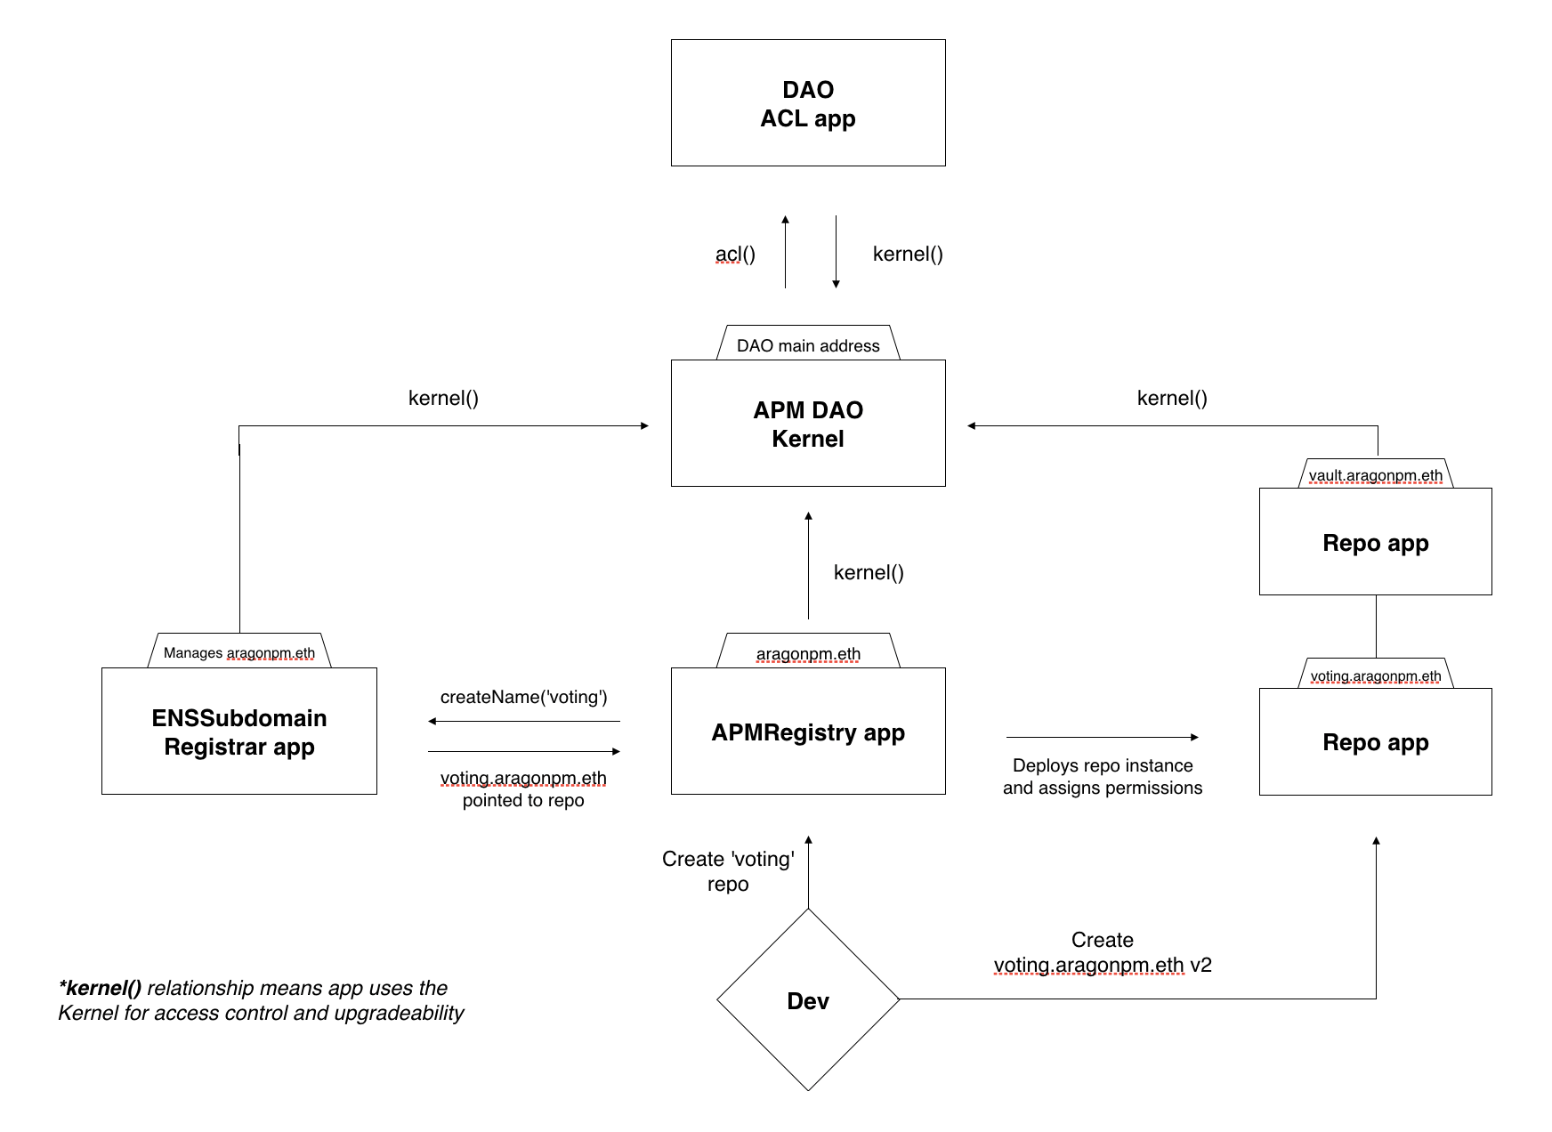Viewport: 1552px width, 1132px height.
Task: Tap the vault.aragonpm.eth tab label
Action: point(1376,474)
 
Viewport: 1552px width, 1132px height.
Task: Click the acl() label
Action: point(735,255)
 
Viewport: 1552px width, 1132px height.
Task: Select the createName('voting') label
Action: point(523,697)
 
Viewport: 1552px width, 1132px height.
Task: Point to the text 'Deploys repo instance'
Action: point(1103,765)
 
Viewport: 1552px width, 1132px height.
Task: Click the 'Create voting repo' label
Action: point(728,871)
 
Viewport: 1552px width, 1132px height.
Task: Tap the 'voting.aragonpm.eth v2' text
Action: point(1103,966)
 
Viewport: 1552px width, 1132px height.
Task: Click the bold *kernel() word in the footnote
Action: point(100,988)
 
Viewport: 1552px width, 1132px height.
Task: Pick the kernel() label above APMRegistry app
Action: point(869,572)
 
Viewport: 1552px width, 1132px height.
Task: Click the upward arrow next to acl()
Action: point(785,251)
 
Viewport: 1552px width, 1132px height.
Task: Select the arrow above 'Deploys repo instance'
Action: point(1103,737)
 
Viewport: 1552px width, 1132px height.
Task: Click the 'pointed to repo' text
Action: point(523,800)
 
